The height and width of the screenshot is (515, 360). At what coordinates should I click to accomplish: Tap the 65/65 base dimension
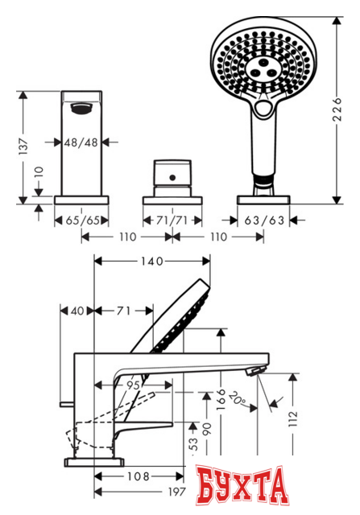click(x=82, y=219)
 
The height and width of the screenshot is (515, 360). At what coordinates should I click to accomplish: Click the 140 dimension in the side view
click(x=152, y=261)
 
